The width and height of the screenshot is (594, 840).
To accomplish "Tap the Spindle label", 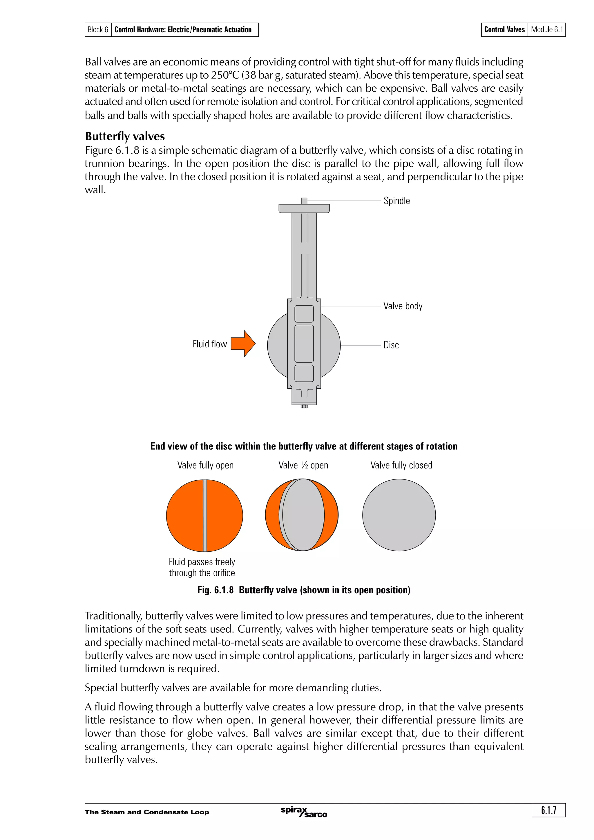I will (x=396, y=201).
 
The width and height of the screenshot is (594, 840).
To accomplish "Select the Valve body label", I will (x=403, y=306).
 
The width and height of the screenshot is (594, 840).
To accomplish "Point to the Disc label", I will (x=391, y=345).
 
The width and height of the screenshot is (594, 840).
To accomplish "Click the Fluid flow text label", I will (x=210, y=344).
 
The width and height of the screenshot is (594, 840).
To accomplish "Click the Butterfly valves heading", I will (x=125, y=137).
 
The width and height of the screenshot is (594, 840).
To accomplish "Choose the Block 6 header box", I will (x=98, y=30).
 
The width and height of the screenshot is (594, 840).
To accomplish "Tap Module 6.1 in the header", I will (x=546, y=30).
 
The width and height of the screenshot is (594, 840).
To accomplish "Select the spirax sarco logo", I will (x=304, y=812).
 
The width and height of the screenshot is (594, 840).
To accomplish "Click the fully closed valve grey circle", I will (x=399, y=515).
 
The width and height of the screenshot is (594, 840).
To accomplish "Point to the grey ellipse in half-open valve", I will (x=303, y=515).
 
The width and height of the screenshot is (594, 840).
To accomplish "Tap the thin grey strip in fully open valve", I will (x=205, y=515).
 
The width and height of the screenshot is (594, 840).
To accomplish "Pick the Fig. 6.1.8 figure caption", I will (x=304, y=590).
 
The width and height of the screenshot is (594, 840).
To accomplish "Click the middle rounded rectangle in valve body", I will (x=304, y=343).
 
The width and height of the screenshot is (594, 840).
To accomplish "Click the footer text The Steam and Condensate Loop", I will (x=147, y=812).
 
